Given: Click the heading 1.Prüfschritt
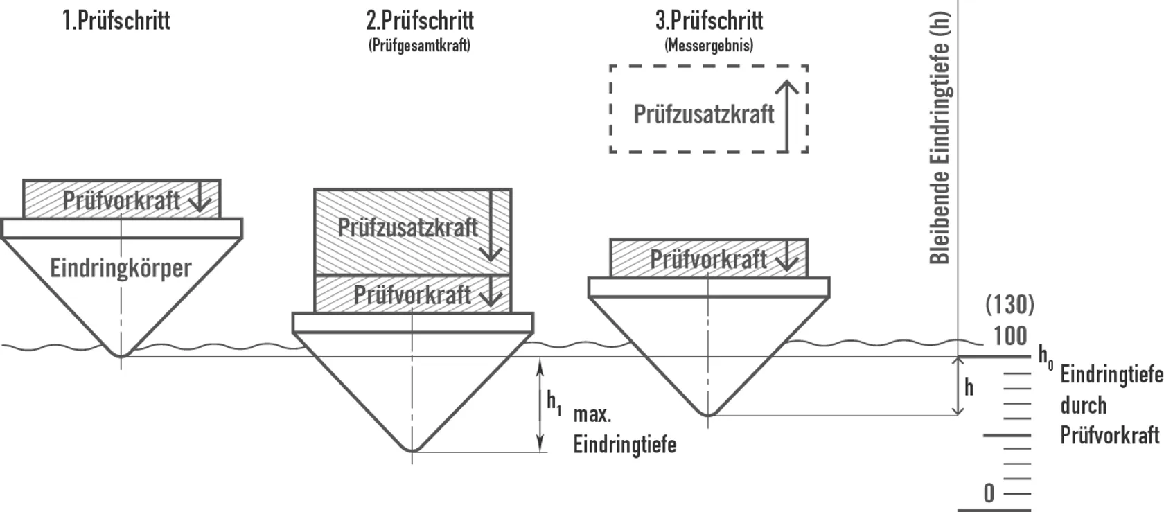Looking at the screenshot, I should point(116,20).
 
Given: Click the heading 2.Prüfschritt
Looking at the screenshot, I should point(420,20).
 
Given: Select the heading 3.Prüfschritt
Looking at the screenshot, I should point(709,20).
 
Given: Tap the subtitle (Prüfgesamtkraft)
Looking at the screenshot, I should point(419,46).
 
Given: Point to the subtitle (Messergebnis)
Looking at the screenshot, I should point(709,46).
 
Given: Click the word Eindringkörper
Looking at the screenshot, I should point(121,267).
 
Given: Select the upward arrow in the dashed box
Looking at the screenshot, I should point(786,115).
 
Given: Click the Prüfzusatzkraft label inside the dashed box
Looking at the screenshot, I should point(703,114).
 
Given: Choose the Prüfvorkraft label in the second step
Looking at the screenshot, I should point(412,294).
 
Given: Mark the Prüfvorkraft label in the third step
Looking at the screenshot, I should point(708,259).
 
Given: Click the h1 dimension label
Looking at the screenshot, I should point(554,402).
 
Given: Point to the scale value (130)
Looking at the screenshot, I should point(1009,304).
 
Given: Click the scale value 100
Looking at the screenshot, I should point(1009,336).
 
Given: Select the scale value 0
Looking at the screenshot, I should point(989,493).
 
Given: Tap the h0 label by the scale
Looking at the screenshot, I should point(1045,356).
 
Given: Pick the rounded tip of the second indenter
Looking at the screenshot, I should point(412,448).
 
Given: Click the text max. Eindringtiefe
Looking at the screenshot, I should point(624,430).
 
